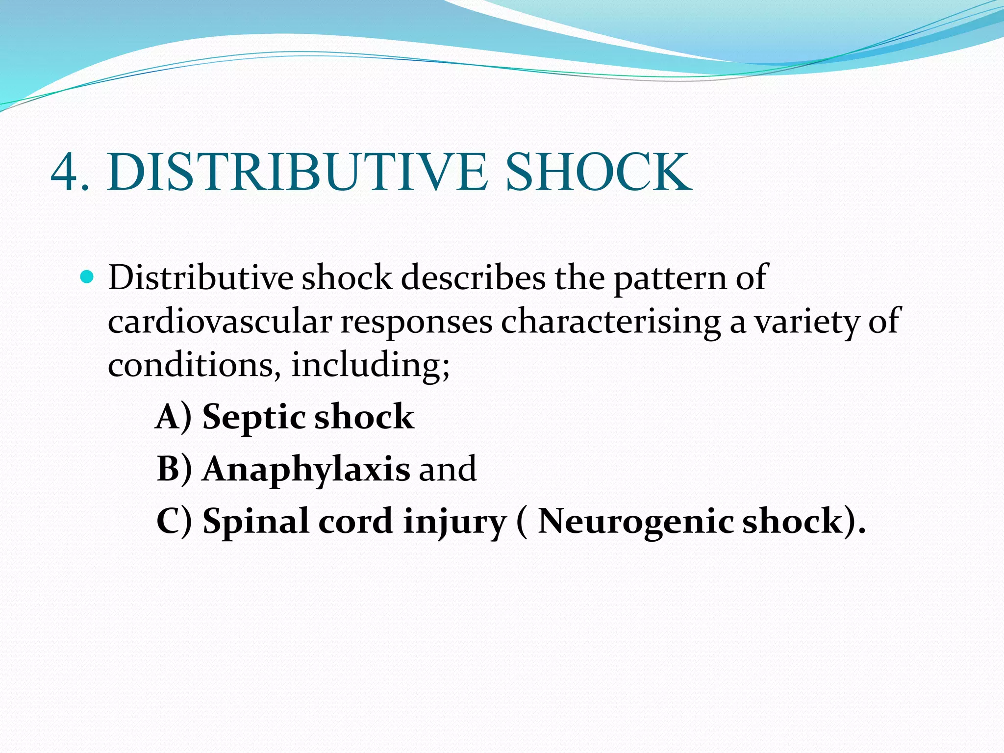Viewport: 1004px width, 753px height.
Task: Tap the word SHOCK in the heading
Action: [x=599, y=172]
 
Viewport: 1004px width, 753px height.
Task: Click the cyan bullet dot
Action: [x=87, y=277]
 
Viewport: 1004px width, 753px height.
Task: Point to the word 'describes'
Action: [x=473, y=278]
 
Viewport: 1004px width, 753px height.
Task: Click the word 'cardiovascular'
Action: [x=220, y=322]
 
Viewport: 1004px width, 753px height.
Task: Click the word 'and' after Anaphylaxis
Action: [x=447, y=469]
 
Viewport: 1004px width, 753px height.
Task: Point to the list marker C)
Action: [x=174, y=521]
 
